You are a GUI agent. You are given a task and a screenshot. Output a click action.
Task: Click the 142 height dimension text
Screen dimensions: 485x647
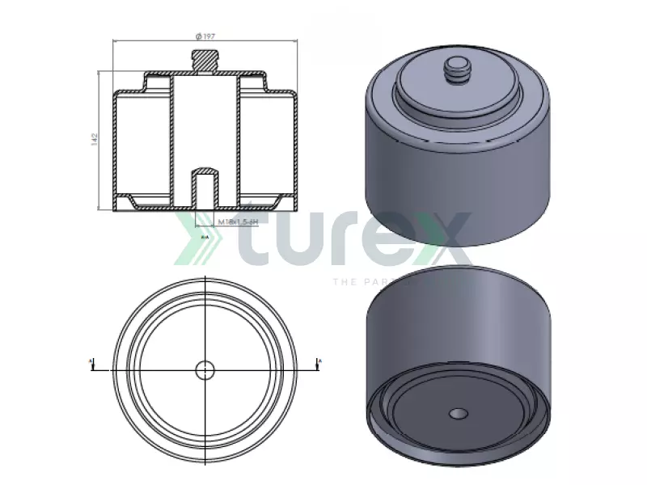pyautogui.click(x=95, y=139)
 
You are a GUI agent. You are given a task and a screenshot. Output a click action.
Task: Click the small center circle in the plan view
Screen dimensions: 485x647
pyautogui.click(x=205, y=369)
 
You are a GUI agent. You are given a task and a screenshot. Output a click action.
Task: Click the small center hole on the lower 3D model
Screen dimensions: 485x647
pyautogui.click(x=458, y=414)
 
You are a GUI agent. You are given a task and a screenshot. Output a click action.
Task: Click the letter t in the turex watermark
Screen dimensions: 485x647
pyautogui.click(x=257, y=239)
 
